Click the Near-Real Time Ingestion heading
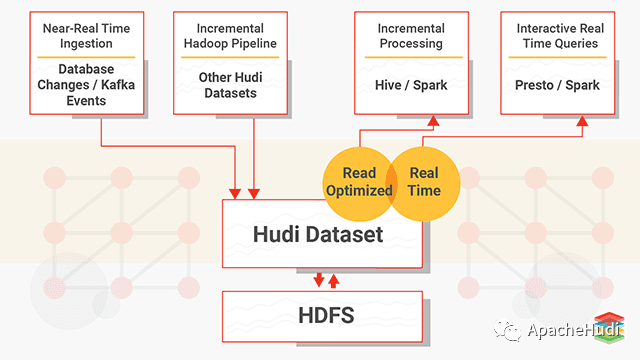(x=88, y=36)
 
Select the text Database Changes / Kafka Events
(x=88, y=85)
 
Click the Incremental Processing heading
(x=411, y=36)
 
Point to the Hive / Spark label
(x=411, y=85)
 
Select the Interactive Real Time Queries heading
(x=559, y=36)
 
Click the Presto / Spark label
(x=559, y=85)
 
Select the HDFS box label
(x=321, y=316)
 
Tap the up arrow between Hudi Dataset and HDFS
(x=333, y=279)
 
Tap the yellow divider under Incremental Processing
(x=411, y=57)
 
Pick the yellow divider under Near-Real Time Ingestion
(x=88, y=57)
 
